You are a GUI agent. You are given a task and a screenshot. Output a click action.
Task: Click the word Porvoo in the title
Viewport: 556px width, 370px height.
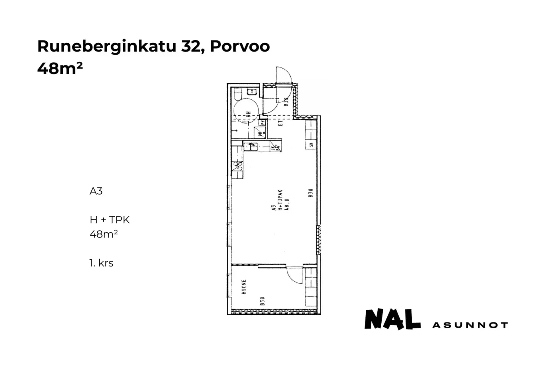click(x=240, y=46)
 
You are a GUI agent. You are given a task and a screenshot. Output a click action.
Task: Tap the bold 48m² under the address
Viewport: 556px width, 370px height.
click(x=60, y=69)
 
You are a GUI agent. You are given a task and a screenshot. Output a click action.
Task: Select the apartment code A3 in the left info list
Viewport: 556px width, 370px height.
click(x=96, y=191)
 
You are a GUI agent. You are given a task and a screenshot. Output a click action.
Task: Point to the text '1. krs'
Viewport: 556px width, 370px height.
click(x=101, y=263)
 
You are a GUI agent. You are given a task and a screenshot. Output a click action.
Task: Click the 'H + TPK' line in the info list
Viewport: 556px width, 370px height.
click(x=110, y=220)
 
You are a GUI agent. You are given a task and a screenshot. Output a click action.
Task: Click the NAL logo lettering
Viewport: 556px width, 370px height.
click(x=392, y=320)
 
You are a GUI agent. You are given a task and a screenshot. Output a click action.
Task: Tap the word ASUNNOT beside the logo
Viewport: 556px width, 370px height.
click(x=470, y=325)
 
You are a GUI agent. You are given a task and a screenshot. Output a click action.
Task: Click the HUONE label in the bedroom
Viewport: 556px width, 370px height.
click(x=244, y=287)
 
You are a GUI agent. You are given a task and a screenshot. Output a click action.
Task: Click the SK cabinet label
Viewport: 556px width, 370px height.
click(x=311, y=145)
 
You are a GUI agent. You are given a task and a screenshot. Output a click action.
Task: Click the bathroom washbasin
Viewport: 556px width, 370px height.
click(x=252, y=92)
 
